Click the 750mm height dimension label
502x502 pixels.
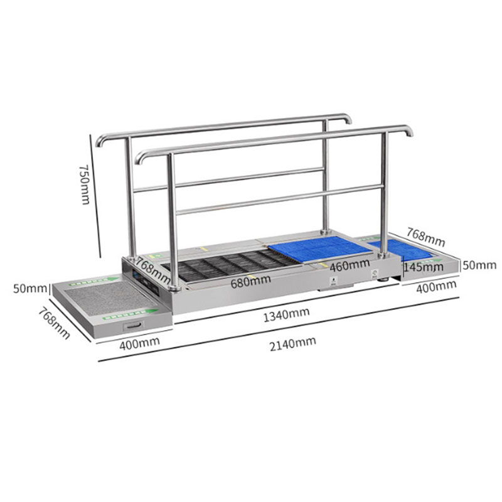click(85, 184)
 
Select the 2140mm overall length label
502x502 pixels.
click(292, 344)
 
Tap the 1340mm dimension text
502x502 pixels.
click(286, 314)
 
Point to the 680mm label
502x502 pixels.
click(250, 281)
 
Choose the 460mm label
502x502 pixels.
click(350, 265)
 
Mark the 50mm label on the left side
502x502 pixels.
click(30, 289)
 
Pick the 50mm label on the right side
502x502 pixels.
click(479, 265)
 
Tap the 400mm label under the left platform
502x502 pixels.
click(139, 343)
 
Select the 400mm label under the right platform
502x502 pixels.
click(436, 286)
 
